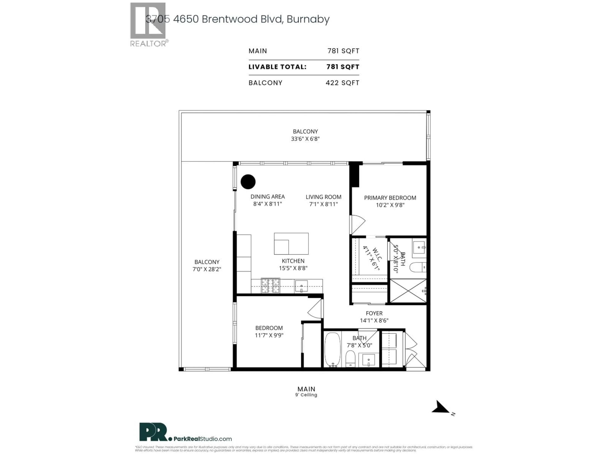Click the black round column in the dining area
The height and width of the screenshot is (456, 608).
coord(248,182)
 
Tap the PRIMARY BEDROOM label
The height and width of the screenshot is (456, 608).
coord(390,198)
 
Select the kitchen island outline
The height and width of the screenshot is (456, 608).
coord(291,244)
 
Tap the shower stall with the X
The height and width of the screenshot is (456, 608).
coord(408,291)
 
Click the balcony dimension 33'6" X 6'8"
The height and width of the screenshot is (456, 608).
coord(305,139)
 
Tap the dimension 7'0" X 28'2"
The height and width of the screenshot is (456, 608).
coord(207,269)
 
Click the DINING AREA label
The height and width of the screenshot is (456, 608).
coord(267,196)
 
